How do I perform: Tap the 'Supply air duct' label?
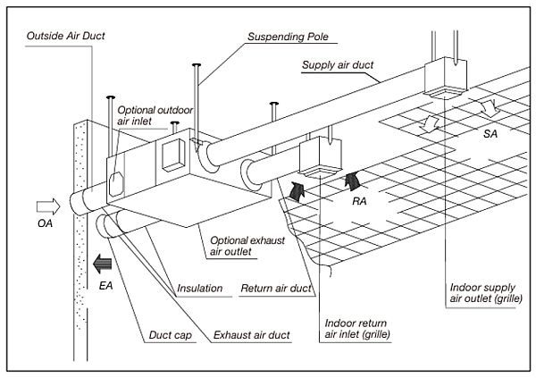tap(343, 66)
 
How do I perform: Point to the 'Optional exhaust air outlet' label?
tap(243, 246)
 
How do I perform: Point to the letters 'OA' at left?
tap(46, 223)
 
